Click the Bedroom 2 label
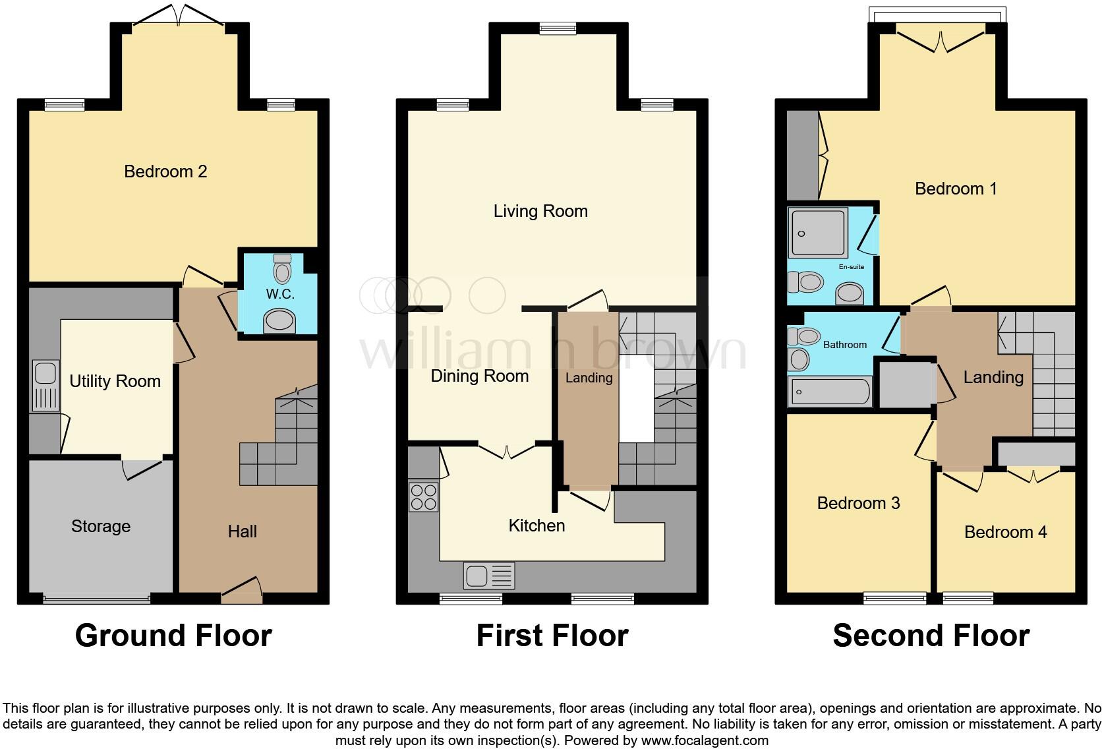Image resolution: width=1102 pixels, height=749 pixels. point(165,171)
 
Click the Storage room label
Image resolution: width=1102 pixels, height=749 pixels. point(101,526)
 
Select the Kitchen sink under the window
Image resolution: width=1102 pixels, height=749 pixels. point(488,576)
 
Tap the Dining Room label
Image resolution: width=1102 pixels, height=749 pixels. point(479,376)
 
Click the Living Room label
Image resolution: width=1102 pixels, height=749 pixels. point(540,211)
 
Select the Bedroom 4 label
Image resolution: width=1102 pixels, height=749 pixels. point(1005,532)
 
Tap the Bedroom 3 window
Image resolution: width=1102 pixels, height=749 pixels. point(895,598)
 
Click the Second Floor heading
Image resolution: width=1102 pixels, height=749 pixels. point(931,636)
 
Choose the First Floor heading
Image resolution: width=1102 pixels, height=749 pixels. point(552,636)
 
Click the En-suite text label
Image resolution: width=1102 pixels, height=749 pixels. point(851,266)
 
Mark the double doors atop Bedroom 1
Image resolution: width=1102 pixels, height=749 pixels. point(941,38)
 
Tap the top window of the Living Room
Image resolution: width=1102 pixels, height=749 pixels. point(558,28)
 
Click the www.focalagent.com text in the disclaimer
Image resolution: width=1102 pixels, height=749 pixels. point(704,740)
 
